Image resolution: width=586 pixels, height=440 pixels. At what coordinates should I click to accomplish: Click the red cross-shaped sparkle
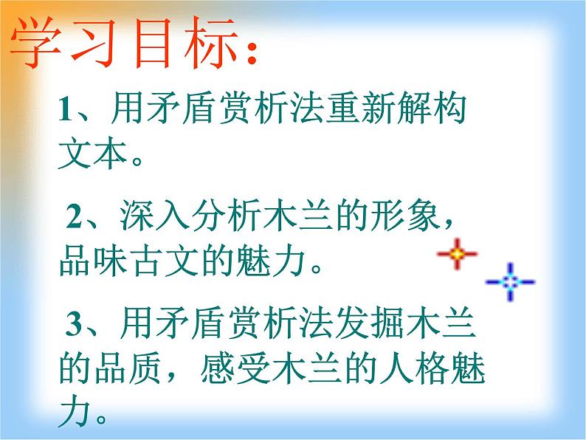457,255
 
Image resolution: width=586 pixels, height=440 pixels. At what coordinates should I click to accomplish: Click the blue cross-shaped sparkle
510,281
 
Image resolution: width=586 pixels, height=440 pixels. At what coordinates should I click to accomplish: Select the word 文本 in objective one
92,153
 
